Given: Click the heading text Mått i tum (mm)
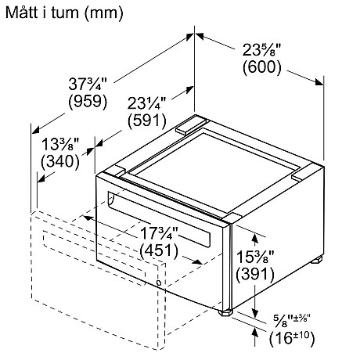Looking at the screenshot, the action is [64, 13].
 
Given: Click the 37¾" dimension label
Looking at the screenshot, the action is [88, 85].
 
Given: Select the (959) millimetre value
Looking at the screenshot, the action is [88, 101].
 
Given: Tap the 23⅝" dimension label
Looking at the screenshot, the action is [261, 50].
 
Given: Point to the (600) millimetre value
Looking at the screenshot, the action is [262, 67].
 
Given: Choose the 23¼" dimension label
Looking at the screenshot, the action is [146, 103].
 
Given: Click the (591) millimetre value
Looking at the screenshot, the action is [147, 121].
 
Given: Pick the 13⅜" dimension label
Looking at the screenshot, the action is [60, 144].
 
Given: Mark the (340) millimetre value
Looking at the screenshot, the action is [60, 161].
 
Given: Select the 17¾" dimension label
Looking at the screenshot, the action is [159, 233].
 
